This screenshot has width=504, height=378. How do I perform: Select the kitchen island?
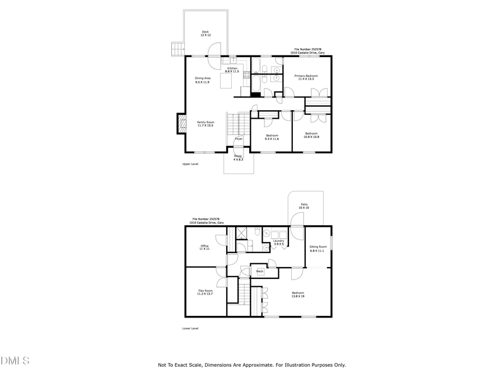[x=225, y=82]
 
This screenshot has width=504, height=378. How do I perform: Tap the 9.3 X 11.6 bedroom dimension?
[x=272, y=138]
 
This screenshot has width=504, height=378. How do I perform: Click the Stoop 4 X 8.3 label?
[x=238, y=157]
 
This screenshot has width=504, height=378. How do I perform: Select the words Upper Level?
[x=190, y=164]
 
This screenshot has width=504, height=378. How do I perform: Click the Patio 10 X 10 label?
[x=304, y=206]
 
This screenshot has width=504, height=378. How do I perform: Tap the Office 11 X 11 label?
[x=205, y=247]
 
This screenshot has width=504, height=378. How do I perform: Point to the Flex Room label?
[x=206, y=292]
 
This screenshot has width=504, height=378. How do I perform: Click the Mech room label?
[x=260, y=272]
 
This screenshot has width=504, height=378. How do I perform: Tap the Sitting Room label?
[x=318, y=249]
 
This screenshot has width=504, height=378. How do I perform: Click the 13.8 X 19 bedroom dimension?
[x=297, y=296]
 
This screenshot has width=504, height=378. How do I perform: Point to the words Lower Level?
[x=190, y=328]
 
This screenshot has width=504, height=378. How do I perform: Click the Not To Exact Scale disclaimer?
[x=251, y=365]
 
